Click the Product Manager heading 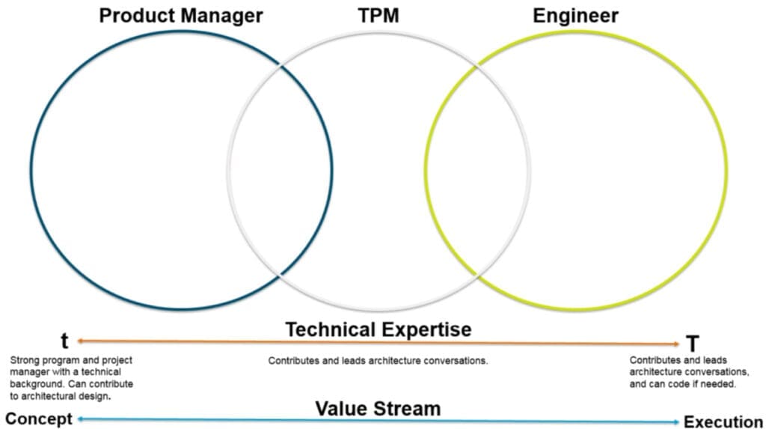tap(181, 16)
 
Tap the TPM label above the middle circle tap(378, 16)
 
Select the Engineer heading tap(575, 16)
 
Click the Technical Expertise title tap(379, 329)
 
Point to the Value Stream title tap(378, 409)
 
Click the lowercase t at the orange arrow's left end tap(64, 339)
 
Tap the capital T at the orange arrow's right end tap(692, 344)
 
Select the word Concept tap(39, 419)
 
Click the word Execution tap(723, 422)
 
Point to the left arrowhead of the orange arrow tap(80, 341)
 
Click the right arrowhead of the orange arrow tap(676, 344)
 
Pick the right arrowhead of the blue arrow tap(676, 422)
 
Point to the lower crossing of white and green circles tap(477, 277)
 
